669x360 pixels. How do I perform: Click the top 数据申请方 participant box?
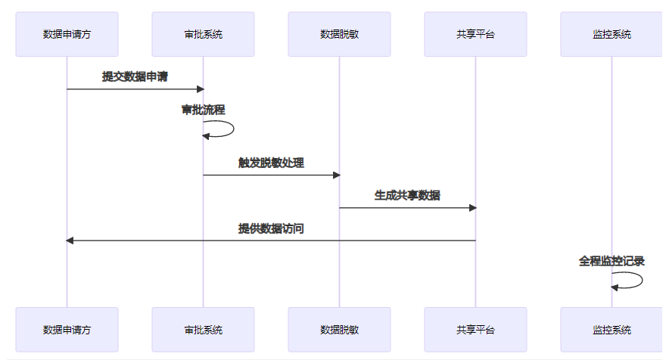coord(67,34)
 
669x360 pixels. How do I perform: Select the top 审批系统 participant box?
coord(203,34)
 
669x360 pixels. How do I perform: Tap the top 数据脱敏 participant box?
coord(339,34)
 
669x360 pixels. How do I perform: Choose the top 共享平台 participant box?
coord(475,34)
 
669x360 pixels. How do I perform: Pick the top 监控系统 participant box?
coord(611,34)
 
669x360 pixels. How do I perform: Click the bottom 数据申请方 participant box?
coord(67,330)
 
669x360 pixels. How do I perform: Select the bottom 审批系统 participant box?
coord(203,330)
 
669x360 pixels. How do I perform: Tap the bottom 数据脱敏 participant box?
coord(339,330)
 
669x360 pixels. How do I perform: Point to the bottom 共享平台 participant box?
coord(475,330)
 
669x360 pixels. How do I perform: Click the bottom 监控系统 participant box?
coord(611,330)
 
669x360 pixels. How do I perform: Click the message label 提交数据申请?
coord(135,76)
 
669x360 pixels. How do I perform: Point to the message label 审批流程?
coord(203,110)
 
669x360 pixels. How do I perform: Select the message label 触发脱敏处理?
coord(271,163)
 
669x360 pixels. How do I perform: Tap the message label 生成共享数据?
coord(407,195)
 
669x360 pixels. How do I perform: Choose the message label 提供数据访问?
coord(271,228)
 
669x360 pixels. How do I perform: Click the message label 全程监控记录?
coord(611,261)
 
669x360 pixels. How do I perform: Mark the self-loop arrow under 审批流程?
coord(232,129)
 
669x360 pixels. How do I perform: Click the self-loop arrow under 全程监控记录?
coord(640,280)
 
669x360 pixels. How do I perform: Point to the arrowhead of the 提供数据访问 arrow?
coord(70,241)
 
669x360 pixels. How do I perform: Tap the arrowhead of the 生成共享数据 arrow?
coord(471,207)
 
